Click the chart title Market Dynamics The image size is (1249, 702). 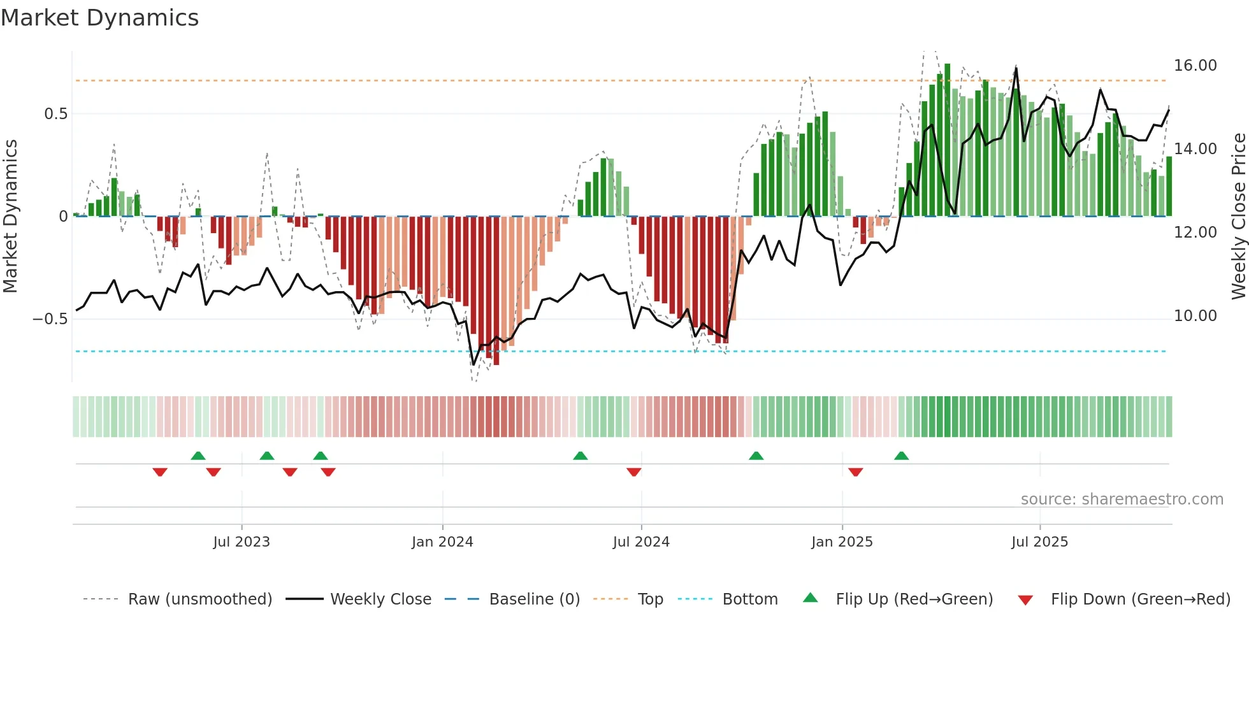99,18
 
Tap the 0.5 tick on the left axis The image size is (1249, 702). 55,114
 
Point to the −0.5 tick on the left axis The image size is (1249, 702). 50,319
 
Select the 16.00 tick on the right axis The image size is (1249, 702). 1195,66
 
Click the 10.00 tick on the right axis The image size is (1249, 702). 1195,316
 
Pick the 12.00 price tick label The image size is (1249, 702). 1195,233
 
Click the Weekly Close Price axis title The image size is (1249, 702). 1238,216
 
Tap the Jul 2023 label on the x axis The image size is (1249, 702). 242,542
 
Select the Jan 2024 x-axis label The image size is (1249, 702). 442,542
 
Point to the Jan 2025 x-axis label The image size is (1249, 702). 842,542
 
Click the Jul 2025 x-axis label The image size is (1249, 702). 1039,542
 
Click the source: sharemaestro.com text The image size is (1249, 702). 1122,499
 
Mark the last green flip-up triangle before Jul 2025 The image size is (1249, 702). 901,456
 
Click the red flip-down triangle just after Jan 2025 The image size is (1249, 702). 855,472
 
